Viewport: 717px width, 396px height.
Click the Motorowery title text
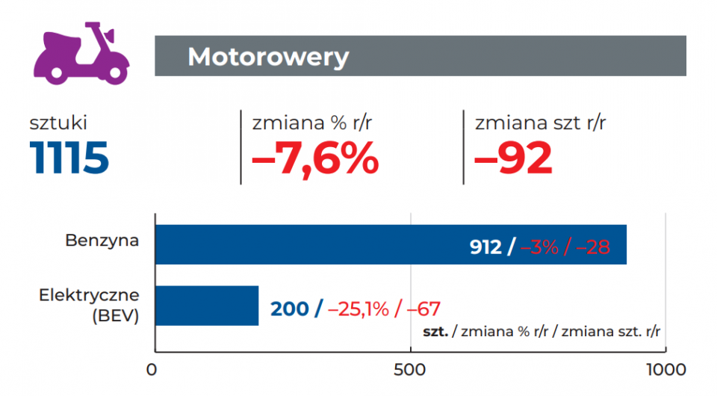(267, 57)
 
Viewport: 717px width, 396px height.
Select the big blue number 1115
(69, 158)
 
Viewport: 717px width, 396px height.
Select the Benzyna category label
(102, 241)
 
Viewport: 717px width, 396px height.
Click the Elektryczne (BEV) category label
(89, 306)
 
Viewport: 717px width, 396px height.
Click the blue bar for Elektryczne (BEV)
(207, 306)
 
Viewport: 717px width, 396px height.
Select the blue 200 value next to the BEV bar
(289, 309)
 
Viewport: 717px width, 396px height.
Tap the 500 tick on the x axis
(409, 370)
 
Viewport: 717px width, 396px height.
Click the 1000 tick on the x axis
(663, 370)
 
